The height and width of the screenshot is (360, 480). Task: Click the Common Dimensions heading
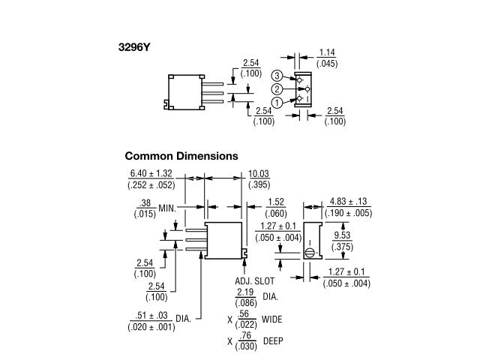click(181, 157)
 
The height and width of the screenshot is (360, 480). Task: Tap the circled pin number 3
click(277, 76)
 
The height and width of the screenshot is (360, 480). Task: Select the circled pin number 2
click(277, 88)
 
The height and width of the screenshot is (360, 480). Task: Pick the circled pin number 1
click(277, 102)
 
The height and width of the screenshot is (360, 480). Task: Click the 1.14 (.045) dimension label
click(326, 58)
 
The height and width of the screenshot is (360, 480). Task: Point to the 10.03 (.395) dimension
click(259, 178)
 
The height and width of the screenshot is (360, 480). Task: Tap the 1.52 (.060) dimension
click(276, 206)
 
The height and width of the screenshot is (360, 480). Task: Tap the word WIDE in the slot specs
click(271, 319)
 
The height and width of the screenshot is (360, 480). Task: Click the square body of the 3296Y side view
click(184, 92)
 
